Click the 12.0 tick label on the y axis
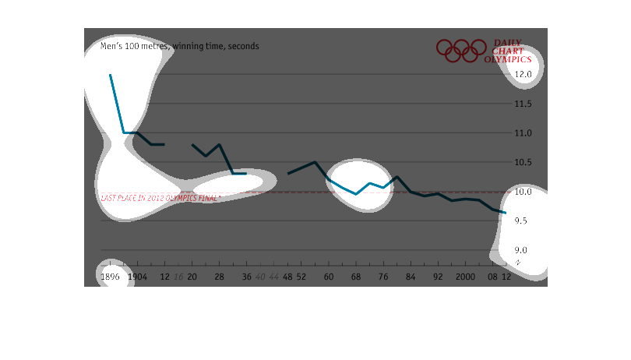click(x=522, y=75)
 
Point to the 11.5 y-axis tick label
click(x=522, y=104)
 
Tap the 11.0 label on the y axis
click(x=522, y=133)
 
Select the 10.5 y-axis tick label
click(x=522, y=162)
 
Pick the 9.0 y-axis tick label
click(x=522, y=250)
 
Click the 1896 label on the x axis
click(x=110, y=277)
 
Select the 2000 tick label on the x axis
click(x=466, y=277)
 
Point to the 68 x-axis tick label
click(x=355, y=277)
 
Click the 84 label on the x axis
click(x=411, y=277)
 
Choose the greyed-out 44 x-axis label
click(x=273, y=277)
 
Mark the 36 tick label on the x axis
click(x=246, y=277)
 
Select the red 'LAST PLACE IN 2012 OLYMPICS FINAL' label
click(x=160, y=198)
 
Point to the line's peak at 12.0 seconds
click(x=110, y=75)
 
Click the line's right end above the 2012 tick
click(x=506, y=213)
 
